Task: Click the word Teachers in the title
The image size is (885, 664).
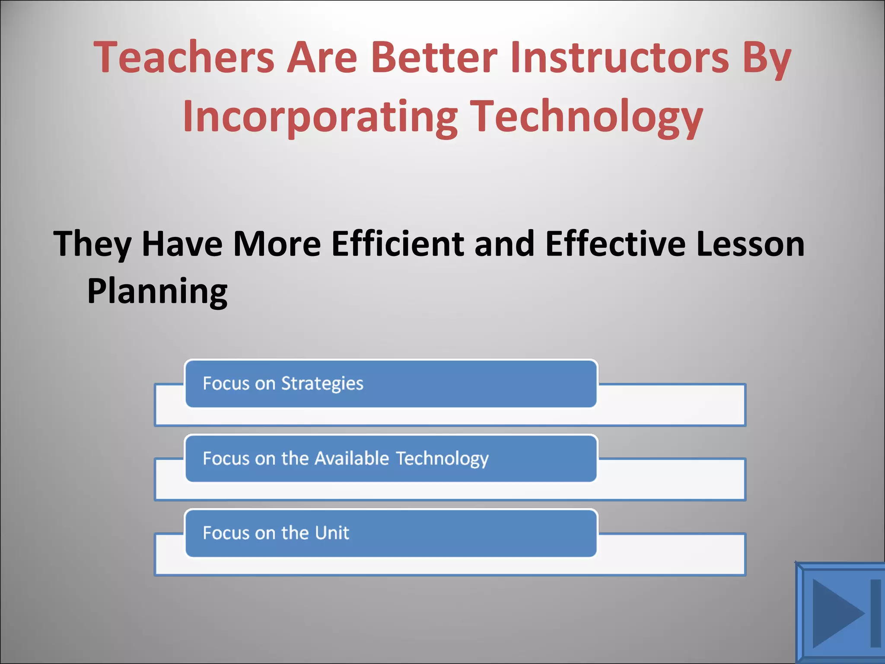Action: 184,57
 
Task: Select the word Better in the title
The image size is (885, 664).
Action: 434,57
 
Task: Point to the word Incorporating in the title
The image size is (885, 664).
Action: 320,117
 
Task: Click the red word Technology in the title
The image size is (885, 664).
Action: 586,117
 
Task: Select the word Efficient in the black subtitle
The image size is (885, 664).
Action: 398,244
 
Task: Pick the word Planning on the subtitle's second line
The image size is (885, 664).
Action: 157,292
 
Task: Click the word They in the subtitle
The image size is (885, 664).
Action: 92,245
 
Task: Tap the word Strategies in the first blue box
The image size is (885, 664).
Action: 322,384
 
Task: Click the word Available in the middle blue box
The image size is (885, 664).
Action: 352,458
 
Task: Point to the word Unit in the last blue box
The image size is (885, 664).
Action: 332,533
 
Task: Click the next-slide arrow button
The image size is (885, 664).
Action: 840,613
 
